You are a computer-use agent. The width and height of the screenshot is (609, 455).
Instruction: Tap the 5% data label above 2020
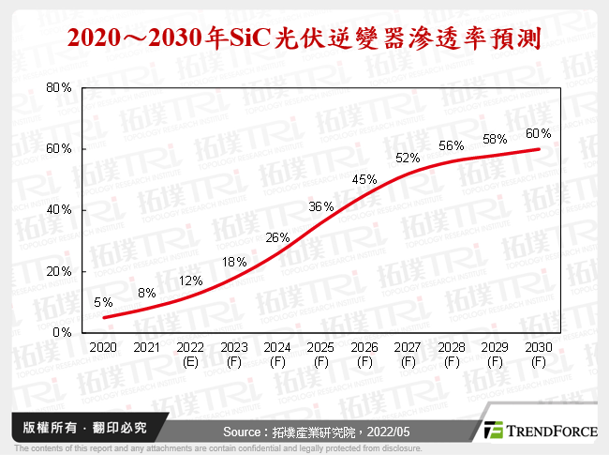(x=103, y=302)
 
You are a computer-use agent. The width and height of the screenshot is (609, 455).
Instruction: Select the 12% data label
(x=191, y=281)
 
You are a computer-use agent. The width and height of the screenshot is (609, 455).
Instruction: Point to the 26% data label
(x=277, y=237)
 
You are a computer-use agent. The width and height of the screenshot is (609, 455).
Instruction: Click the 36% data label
(x=321, y=207)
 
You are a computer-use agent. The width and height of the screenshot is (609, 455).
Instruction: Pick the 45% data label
(x=364, y=179)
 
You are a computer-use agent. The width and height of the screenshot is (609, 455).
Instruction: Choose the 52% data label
(x=408, y=158)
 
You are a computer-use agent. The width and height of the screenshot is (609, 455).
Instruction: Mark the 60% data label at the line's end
(x=539, y=133)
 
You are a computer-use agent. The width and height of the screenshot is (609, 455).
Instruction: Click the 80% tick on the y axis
(x=59, y=87)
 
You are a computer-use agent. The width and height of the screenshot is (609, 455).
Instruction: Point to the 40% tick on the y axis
(x=59, y=210)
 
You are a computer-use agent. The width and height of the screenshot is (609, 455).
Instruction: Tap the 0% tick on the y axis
(x=62, y=332)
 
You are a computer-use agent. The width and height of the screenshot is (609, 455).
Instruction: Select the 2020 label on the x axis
(x=103, y=348)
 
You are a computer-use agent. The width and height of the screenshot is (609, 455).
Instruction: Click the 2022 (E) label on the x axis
(x=190, y=355)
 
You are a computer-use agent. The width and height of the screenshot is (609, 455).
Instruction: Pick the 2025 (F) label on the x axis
(x=321, y=355)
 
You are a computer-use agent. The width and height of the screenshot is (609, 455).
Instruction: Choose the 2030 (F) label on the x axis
(x=539, y=355)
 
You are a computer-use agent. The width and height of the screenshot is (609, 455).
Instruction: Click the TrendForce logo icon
(x=494, y=430)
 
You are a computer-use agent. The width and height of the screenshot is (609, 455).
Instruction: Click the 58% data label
(x=496, y=140)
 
